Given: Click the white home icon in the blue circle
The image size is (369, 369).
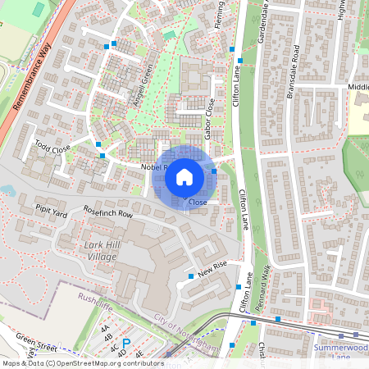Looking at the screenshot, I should point(184,176).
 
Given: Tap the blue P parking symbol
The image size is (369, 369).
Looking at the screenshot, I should point(126,344).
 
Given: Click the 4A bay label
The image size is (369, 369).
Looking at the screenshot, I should point(105,328).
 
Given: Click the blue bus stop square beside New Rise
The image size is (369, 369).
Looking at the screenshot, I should point(191,276).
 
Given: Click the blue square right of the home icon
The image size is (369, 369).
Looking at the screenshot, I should point(214,171).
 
